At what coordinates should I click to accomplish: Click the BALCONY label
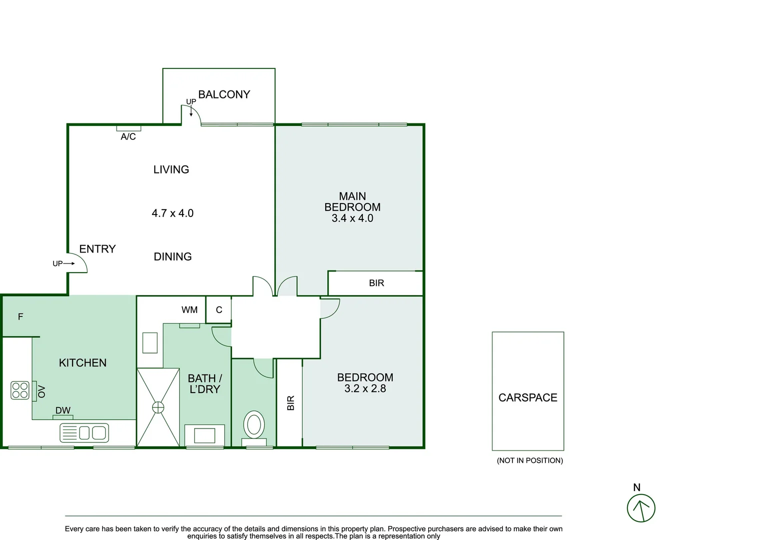224,94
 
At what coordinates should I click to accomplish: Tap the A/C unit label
128,136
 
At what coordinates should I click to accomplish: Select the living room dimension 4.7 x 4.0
173,213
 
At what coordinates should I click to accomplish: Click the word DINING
173,256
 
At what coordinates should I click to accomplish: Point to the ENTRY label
97,249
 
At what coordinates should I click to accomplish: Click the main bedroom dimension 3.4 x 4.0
352,218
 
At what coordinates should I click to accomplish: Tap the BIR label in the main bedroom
376,283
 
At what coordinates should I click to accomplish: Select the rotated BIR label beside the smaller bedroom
291,403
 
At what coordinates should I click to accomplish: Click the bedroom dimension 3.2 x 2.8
365,388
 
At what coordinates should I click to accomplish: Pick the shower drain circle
158,407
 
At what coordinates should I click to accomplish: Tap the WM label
189,310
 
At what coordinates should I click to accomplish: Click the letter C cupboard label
219,310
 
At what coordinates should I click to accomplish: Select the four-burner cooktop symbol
20,390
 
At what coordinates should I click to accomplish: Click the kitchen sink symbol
84,432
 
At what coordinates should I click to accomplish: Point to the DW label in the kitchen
63,410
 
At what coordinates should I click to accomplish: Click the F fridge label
21,316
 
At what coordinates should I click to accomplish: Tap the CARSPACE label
527,397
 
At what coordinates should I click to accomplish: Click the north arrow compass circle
641,508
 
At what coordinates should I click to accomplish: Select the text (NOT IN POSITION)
529,460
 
